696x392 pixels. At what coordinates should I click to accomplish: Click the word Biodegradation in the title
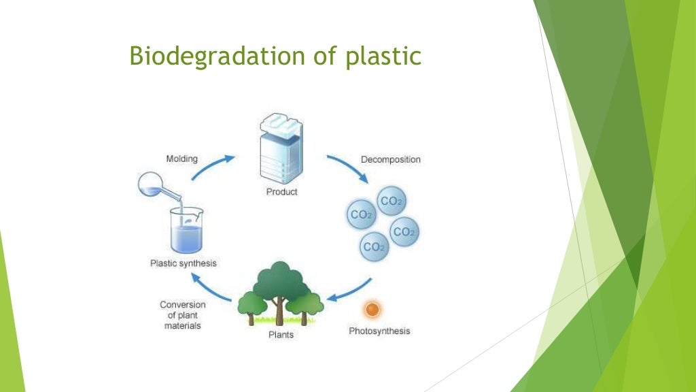[207, 56]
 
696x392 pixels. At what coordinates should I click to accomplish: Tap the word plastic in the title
[385, 56]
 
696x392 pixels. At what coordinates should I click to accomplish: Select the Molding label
[181, 159]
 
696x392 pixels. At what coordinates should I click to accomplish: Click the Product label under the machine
[281, 192]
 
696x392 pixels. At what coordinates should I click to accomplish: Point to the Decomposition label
[390, 159]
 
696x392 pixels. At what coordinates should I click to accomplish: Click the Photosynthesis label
[379, 331]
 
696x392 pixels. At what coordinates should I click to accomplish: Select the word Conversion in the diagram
[183, 304]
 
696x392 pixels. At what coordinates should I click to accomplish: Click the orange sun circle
[372, 310]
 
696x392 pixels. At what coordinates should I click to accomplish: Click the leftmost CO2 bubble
[360, 215]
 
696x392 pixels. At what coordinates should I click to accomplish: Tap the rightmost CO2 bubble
[404, 232]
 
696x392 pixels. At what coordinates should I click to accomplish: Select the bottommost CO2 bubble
[373, 247]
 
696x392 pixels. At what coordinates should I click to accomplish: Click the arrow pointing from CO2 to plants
[351, 292]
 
